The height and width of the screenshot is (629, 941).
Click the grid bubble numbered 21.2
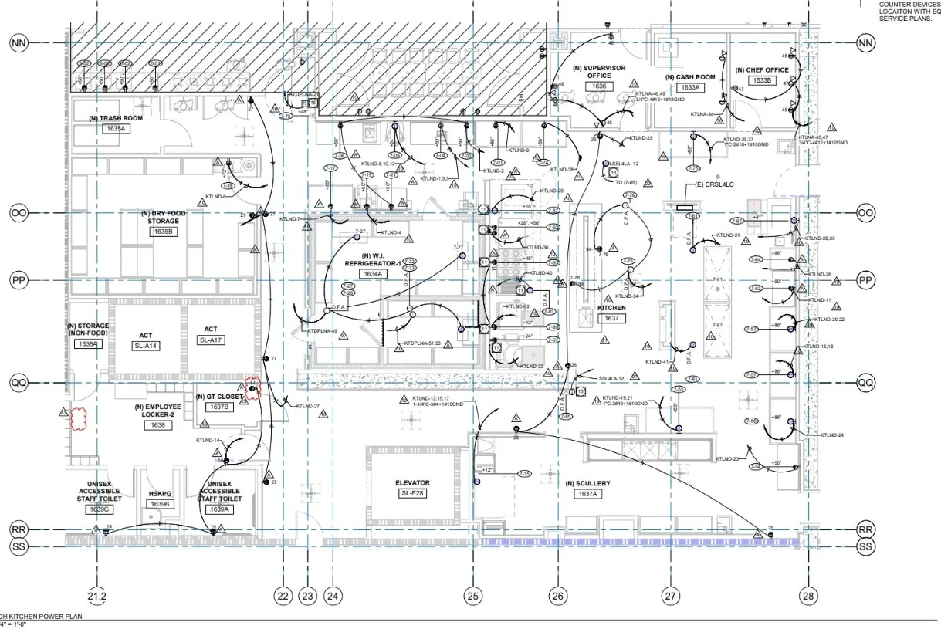(x=97, y=596)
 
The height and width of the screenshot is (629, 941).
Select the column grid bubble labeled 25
(x=472, y=596)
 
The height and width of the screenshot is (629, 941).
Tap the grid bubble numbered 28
(x=808, y=596)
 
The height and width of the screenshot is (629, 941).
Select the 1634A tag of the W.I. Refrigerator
(x=374, y=273)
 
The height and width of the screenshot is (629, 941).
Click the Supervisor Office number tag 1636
(x=599, y=86)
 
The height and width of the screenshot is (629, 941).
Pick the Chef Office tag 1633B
(x=762, y=80)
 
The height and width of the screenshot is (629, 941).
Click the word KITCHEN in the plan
(x=611, y=308)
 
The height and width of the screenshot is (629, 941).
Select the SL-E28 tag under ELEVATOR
(x=412, y=493)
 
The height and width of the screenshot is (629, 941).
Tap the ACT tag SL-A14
(x=146, y=346)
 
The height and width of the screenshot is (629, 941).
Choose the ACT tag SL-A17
(x=211, y=340)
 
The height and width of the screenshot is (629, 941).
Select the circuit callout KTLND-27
(x=306, y=406)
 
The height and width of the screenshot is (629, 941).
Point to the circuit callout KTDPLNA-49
(x=323, y=331)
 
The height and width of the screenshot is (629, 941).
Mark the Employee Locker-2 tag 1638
(x=157, y=424)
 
